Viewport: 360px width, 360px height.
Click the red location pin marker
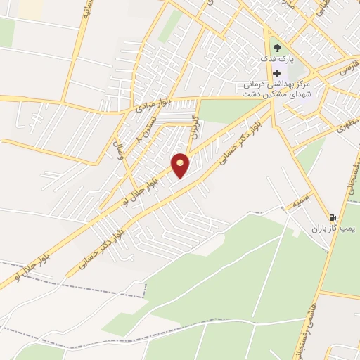(x=181, y=166)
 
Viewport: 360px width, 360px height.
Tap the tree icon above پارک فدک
(x=276, y=47)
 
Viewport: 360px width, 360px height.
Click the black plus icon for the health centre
(x=277, y=73)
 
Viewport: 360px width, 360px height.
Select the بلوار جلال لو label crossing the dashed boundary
(x=28, y=269)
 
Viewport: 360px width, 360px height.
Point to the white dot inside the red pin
(x=181, y=162)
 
